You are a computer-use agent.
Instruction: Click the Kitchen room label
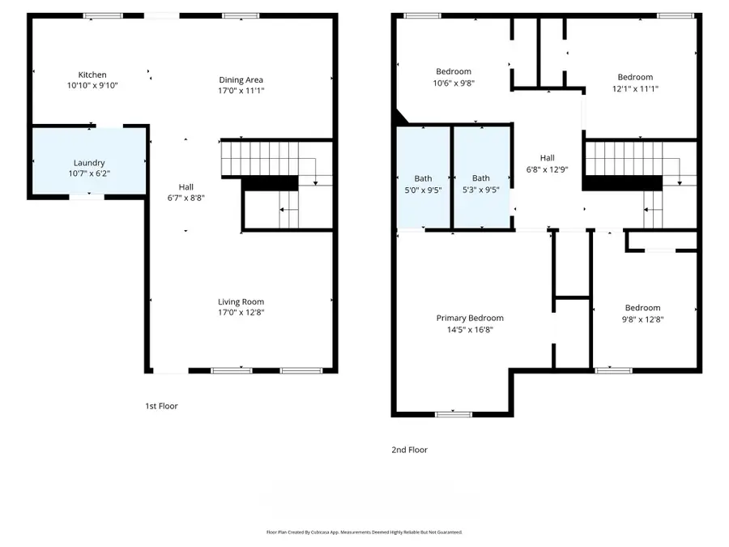click(92, 75)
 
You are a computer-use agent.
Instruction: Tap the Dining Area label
click(241, 79)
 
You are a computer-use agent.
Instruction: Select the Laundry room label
click(89, 163)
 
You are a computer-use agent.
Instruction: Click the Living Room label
click(241, 302)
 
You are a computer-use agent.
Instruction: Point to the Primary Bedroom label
click(470, 318)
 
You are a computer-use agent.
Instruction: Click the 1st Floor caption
click(161, 406)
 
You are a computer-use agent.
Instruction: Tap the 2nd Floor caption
click(411, 450)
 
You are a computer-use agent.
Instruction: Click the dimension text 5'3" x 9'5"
click(481, 190)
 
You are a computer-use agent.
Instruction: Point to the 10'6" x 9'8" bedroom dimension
click(453, 83)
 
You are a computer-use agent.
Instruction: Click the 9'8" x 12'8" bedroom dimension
click(642, 319)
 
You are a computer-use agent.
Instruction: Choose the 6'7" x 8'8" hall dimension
click(185, 198)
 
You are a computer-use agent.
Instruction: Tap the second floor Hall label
click(548, 158)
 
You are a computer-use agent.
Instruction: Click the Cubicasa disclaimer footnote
click(364, 532)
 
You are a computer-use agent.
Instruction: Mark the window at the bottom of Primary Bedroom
click(453, 414)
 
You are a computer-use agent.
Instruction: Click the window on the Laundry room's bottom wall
click(86, 196)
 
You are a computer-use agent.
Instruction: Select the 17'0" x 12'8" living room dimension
click(241, 313)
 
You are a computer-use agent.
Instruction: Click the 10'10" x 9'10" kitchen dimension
click(92, 85)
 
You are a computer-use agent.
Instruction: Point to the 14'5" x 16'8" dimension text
click(470, 330)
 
